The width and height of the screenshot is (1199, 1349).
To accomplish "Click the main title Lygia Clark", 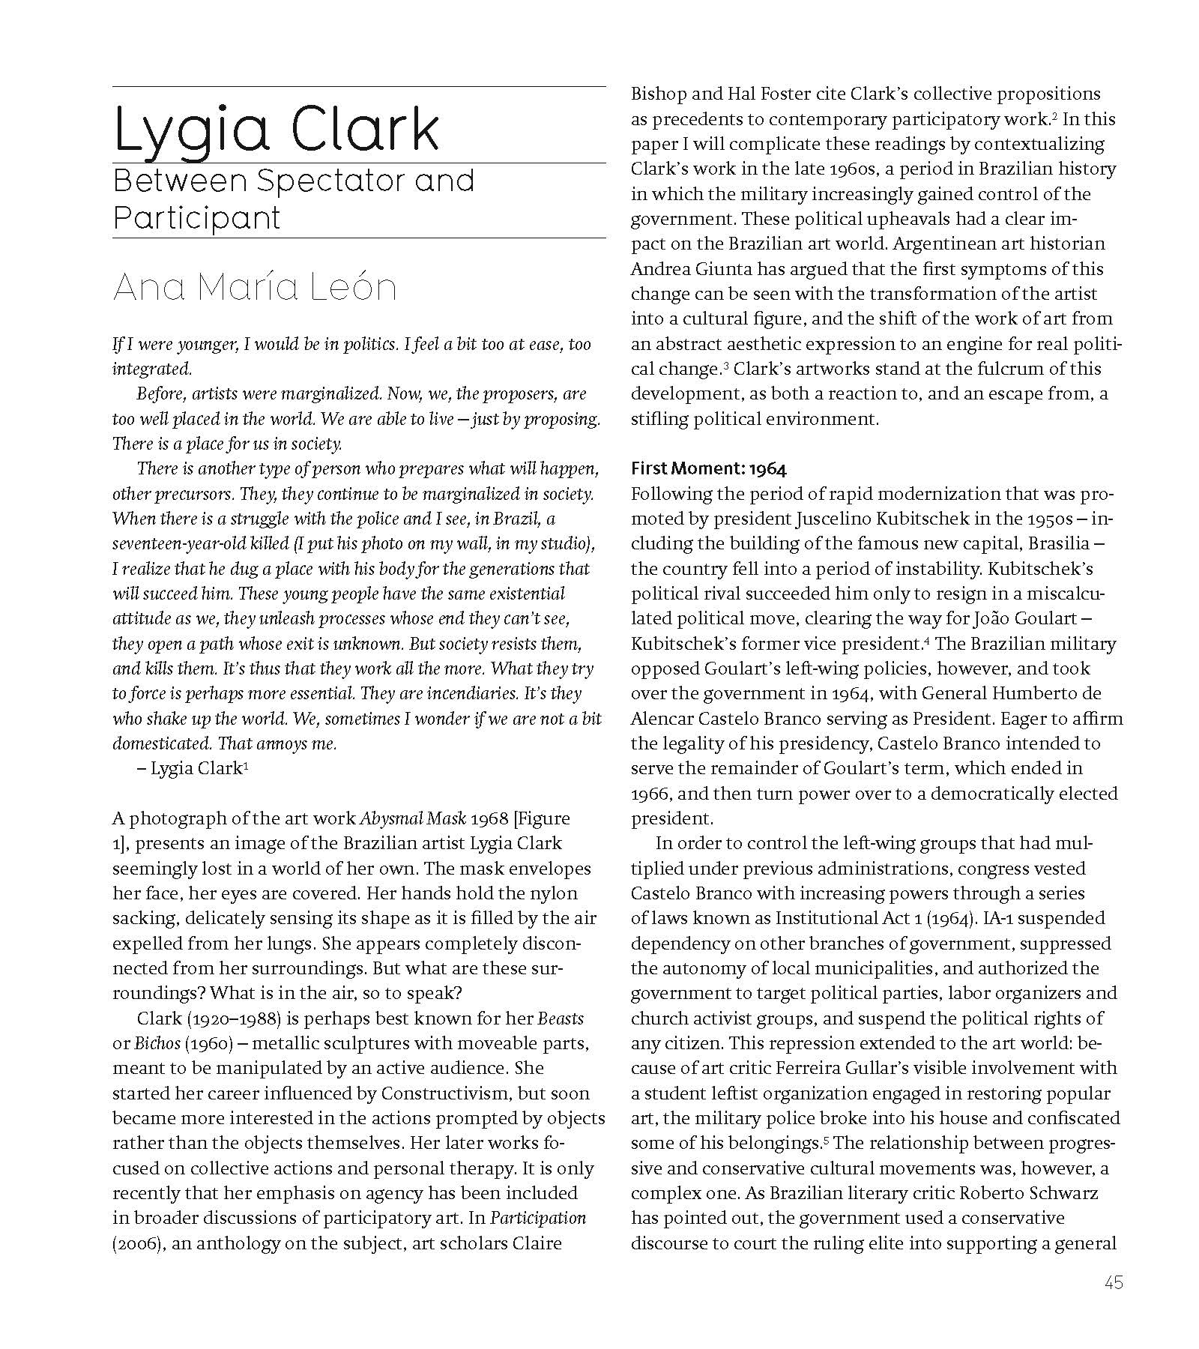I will (275, 130).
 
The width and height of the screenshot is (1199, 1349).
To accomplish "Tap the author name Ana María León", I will (254, 287).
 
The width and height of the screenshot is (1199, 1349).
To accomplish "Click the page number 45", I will (1113, 1282).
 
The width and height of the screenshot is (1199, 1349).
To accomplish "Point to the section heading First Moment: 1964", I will (708, 469).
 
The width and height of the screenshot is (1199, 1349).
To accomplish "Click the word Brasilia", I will (1058, 543).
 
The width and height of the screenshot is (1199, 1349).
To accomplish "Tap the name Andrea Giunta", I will (689, 269).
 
